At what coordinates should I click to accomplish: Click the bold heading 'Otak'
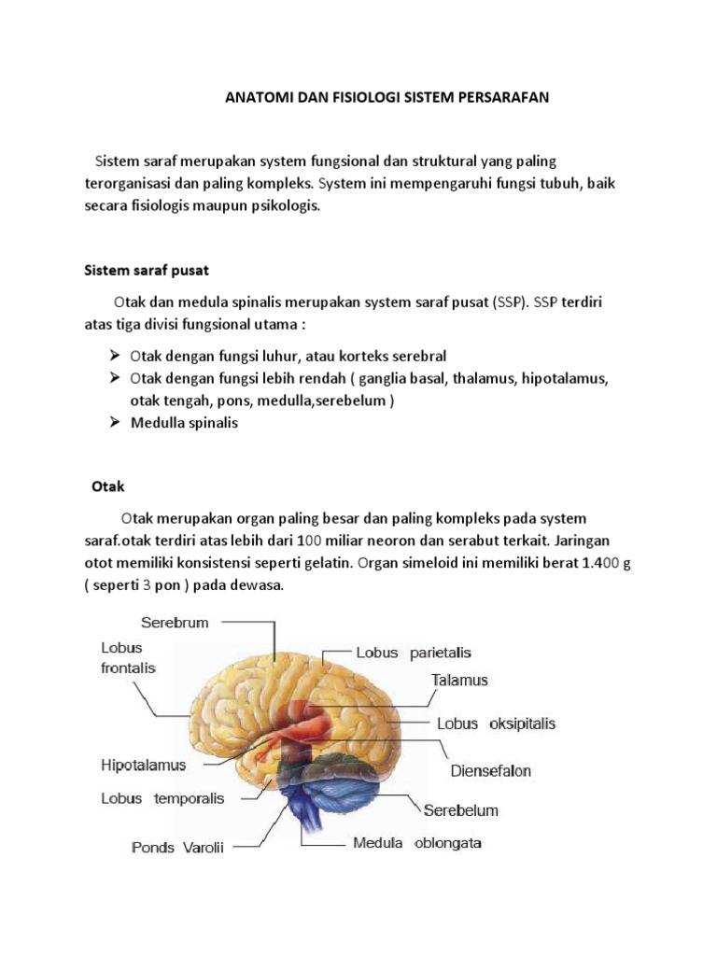point(108,486)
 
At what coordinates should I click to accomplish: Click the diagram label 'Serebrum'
point(175,621)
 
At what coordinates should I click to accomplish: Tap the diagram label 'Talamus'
point(459,681)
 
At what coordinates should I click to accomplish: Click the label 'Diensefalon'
point(490,770)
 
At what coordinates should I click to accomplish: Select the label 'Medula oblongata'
point(416,843)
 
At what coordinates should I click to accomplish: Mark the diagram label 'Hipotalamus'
point(143,765)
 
